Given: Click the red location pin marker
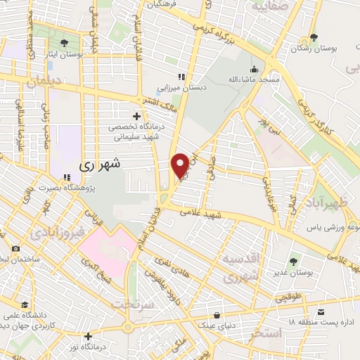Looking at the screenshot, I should point(181,165).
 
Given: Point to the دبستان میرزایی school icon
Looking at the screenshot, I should point(181,77).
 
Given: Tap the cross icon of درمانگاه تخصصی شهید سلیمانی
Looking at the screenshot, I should point(136,115).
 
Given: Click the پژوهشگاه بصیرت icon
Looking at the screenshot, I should point(67,177).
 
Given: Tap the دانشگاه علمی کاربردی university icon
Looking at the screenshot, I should point(25,304).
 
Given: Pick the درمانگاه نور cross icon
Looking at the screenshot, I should point(88,336).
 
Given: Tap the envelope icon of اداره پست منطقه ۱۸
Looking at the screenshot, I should point(321,311).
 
